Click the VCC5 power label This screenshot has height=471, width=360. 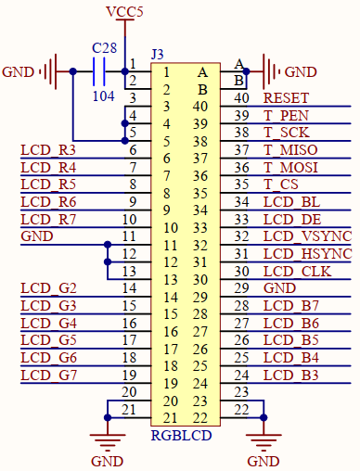(x=125, y=11)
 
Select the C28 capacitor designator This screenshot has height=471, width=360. (x=104, y=47)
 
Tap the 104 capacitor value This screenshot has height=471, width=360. (x=104, y=94)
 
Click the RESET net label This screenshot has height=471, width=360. (x=287, y=98)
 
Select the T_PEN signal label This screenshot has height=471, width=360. (x=286, y=115)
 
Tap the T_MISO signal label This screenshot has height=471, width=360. (x=291, y=149)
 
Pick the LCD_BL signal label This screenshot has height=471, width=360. (x=291, y=201)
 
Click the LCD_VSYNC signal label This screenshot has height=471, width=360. (x=307, y=236)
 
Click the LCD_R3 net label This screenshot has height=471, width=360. (x=47, y=150)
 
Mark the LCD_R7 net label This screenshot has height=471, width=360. (x=47, y=219)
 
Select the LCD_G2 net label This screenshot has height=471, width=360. (x=47, y=288)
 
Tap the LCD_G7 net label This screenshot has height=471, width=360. (x=47, y=375)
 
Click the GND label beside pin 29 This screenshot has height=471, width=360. (x=280, y=288)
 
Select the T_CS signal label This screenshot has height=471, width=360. (x=282, y=185)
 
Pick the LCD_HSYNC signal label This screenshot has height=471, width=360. (x=307, y=254)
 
